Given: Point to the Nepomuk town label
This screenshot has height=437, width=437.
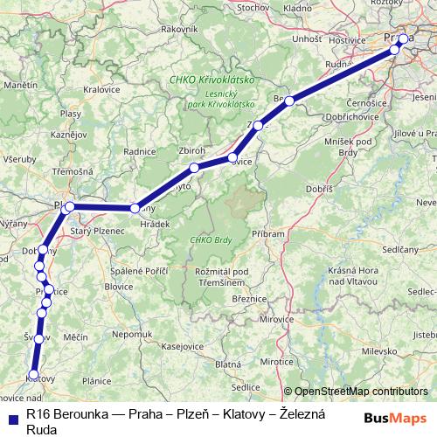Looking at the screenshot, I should [x=131, y=334].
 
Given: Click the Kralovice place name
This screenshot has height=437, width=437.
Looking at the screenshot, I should [x=101, y=89].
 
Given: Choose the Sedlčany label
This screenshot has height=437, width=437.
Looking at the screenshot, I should [x=401, y=249].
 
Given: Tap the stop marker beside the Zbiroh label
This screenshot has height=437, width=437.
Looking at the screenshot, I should [x=195, y=167].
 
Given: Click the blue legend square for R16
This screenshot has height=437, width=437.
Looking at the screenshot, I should [x=10, y=418].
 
